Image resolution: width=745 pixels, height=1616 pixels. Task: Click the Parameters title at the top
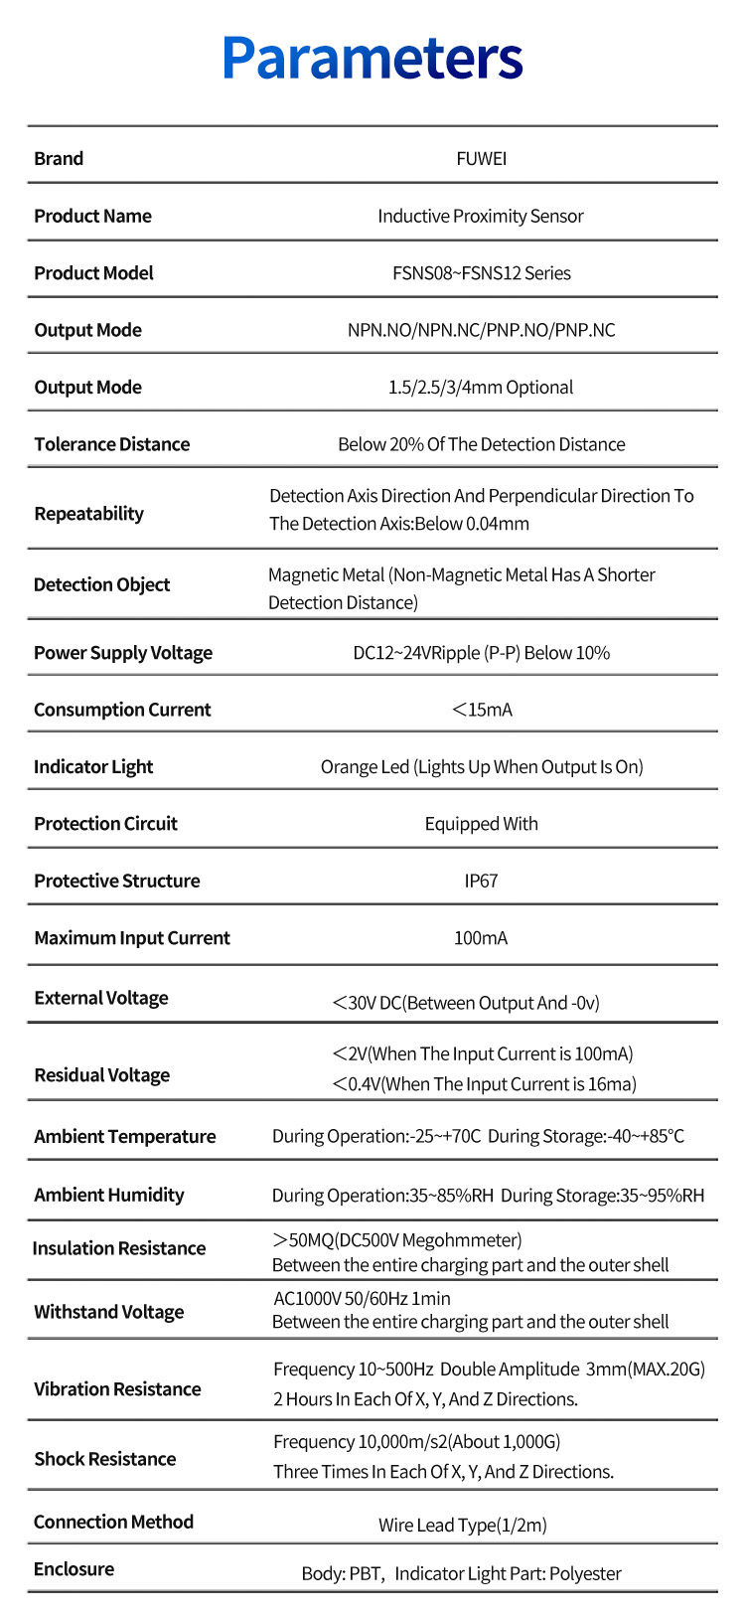372,58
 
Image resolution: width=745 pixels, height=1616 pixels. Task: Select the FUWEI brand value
481,159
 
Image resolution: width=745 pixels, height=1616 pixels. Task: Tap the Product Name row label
92,216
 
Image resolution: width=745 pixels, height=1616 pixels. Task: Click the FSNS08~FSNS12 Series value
481,273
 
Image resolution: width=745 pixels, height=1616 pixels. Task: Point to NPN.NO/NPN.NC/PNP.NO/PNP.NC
481,330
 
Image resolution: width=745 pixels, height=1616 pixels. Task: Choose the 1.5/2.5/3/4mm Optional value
481,388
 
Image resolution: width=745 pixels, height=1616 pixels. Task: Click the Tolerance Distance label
111,444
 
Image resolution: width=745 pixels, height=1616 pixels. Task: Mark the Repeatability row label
88,514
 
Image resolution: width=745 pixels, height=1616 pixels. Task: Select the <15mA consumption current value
481,710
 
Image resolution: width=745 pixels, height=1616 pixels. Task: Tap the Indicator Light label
93,766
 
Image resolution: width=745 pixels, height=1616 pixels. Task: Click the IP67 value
481,882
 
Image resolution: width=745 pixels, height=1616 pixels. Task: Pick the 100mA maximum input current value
481,938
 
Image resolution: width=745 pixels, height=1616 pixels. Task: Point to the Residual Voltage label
101,1075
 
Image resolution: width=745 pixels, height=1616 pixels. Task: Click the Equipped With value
481,824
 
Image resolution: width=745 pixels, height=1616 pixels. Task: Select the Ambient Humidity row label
108,1195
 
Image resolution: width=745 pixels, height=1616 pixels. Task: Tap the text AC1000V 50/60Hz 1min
362,1298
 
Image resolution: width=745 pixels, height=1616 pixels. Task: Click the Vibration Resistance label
117,1389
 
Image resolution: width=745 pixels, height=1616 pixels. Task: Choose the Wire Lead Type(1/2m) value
462,1525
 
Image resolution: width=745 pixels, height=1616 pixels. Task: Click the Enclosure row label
74,1569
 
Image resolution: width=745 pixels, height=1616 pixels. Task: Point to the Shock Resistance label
104,1459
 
